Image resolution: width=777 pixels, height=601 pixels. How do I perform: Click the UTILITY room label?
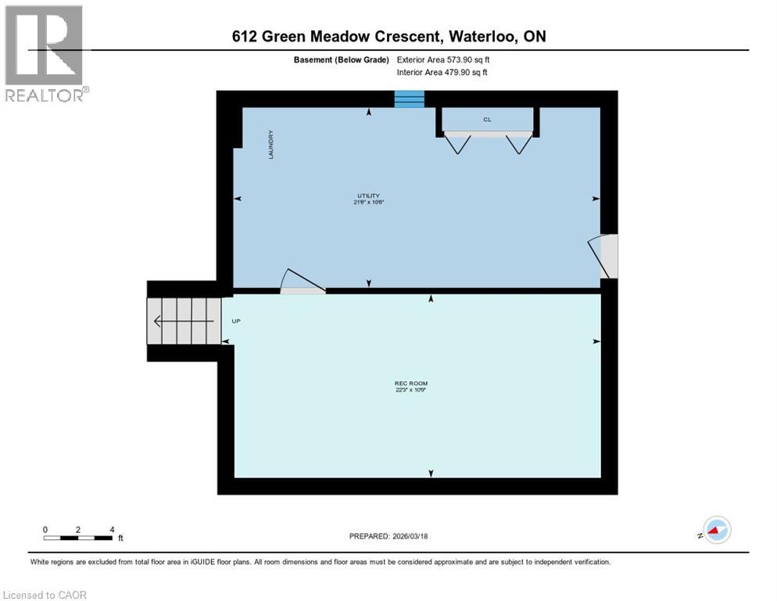click(x=369, y=196)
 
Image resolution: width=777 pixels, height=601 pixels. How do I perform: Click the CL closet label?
click(x=487, y=120)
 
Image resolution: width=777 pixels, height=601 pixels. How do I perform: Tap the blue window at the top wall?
click(x=409, y=99)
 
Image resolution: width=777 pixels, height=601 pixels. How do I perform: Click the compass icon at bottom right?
click(x=716, y=530)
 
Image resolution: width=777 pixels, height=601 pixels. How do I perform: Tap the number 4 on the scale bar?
click(x=112, y=529)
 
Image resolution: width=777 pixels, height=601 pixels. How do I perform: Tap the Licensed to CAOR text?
click(x=45, y=595)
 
